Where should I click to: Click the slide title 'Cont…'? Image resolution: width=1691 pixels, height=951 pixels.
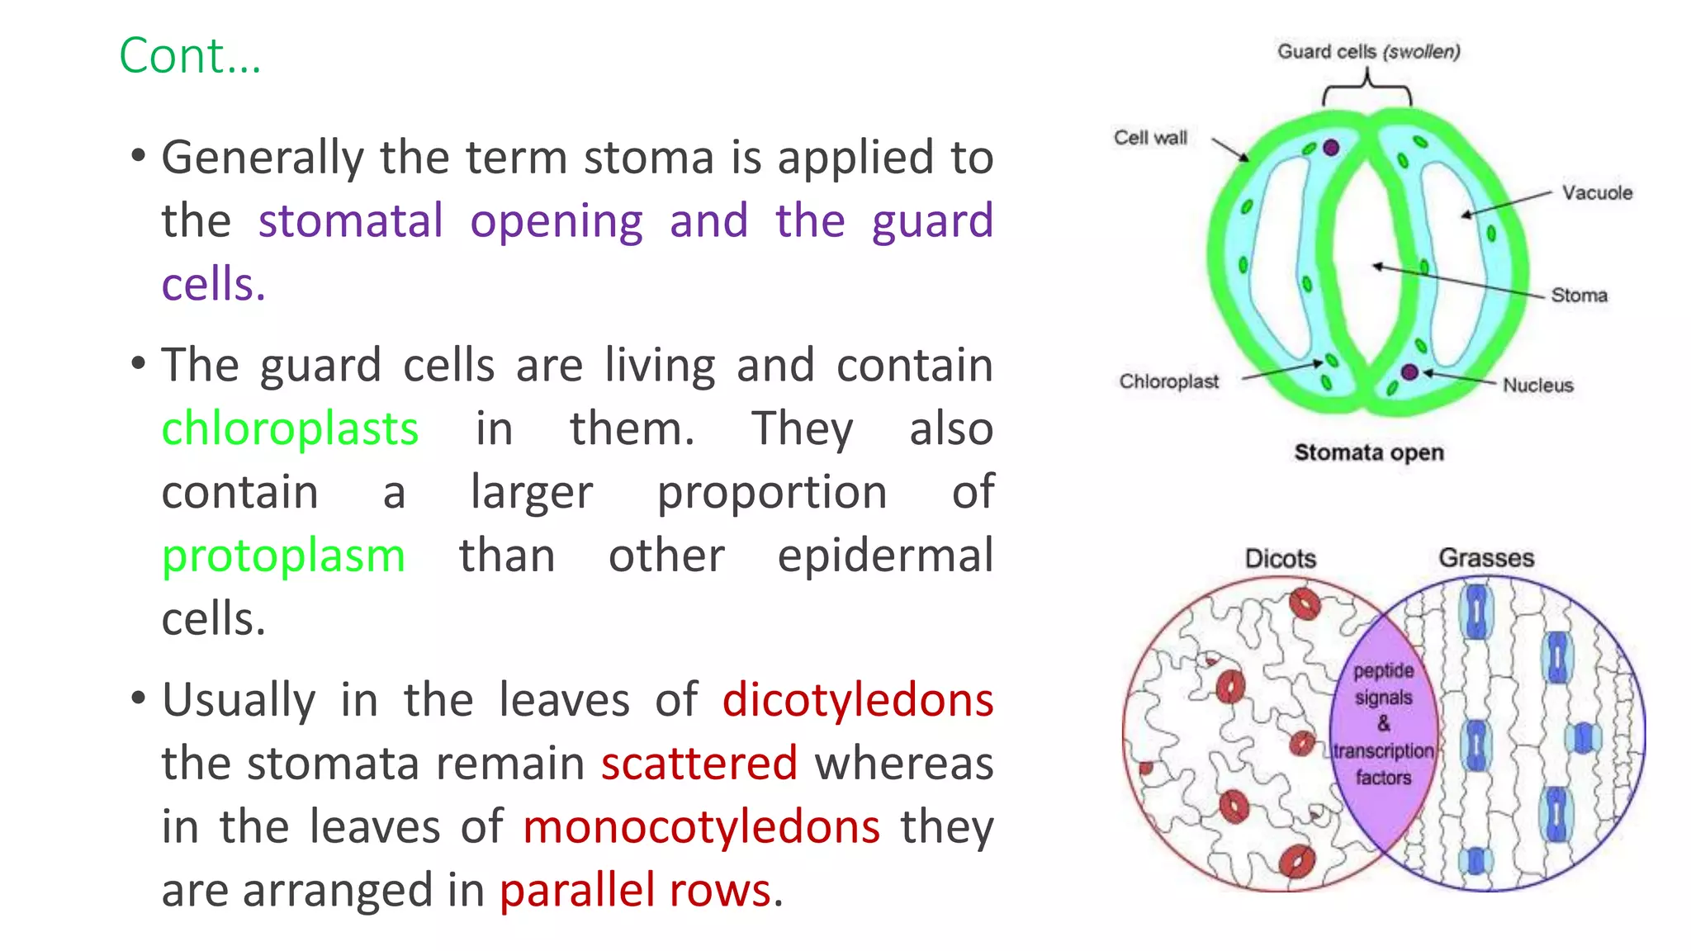tap(190, 56)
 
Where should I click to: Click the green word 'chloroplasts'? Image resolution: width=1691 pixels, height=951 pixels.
tap(290, 429)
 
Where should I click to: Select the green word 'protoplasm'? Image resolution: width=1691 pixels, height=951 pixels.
tap(283, 556)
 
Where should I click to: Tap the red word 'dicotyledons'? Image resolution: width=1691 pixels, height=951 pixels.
tap(857, 700)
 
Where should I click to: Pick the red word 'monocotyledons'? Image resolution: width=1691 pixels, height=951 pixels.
tap(701, 826)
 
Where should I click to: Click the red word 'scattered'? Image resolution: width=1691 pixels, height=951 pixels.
tap(699, 763)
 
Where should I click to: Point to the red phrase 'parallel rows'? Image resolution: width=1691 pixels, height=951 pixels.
tap(636, 890)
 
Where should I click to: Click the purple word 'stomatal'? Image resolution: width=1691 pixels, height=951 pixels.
tap(351, 221)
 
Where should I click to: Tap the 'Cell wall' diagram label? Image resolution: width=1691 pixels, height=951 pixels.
tap(1150, 138)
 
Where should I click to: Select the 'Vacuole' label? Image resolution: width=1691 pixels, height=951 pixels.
tap(1596, 192)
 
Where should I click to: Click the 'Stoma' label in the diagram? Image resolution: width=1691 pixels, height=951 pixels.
tap(1578, 295)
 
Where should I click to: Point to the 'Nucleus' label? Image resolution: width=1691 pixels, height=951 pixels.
tap(1537, 385)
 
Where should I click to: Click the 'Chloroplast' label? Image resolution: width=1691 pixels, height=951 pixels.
tap(1168, 381)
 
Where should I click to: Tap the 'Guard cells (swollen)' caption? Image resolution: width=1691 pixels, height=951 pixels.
tap(1368, 51)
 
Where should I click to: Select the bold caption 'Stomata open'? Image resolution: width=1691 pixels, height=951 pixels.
tap(1368, 452)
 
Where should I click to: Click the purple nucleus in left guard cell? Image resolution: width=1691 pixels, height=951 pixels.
tap(1330, 148)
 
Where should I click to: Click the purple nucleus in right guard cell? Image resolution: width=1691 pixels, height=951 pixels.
tap(1409, 372)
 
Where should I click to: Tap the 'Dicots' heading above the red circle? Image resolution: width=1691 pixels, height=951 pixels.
tap(1280, 559)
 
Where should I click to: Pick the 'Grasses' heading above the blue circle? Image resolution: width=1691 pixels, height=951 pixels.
tap(1485, 558)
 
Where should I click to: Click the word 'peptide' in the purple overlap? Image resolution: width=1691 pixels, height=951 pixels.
tap(1383, 670)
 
